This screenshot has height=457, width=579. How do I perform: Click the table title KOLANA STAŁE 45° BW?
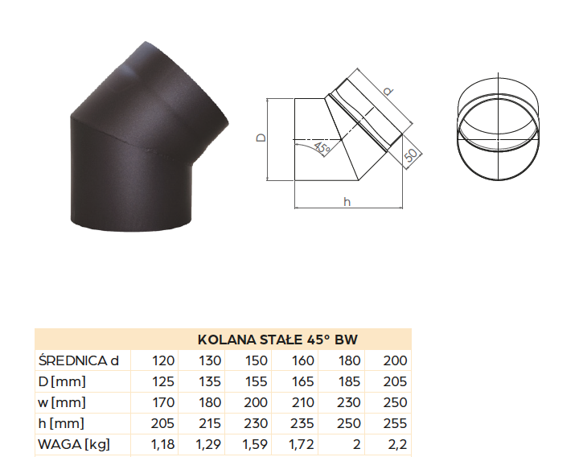[x=277, y=340]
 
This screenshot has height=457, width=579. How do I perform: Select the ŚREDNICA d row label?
[x=78, y=360]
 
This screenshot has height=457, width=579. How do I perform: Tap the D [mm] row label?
[x=62, y=381]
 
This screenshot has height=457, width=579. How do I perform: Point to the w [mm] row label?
[x=62, y=402]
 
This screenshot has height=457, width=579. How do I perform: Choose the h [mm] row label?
[x=61, y=423]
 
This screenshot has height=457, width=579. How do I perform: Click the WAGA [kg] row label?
[x=74, y=444]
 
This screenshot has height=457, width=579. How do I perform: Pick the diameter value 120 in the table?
[x=163, y=360]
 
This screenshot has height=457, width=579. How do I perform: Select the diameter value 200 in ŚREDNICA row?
[x=395, y=360]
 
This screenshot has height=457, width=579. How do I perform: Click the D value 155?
[x=256, y=381]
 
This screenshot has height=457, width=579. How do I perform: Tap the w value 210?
[x=302, y=402]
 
